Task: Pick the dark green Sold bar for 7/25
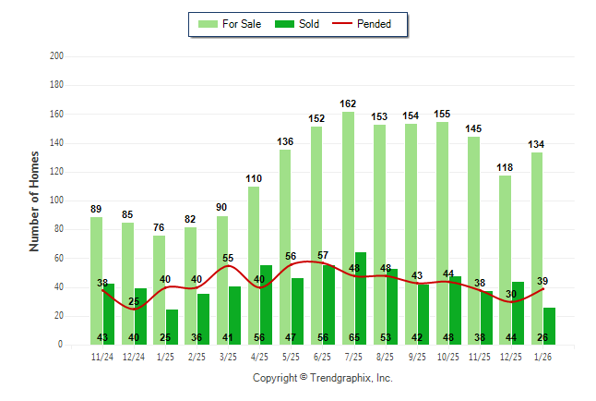click(x=360, y=296)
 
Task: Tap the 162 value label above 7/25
click(x=348, y=104)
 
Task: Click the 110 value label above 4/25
click(x=254, y=178)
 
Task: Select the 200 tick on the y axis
click(x=56, y=56)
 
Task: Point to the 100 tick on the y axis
click(x=56, y=200)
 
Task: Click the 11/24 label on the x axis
click(x=102, y=356)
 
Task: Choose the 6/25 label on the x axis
click(x=323, y=356)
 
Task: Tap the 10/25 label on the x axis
click(x=448, y=356)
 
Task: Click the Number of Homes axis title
click(x=35, y=200)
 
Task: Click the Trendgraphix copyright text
click(x=322, y=378)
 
